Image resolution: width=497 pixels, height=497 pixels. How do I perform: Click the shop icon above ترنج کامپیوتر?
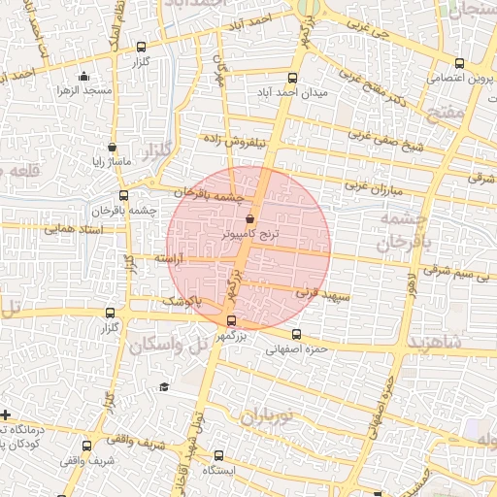250,219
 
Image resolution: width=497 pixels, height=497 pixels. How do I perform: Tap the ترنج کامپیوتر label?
249,235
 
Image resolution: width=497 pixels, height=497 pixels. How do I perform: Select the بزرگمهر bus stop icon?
230,321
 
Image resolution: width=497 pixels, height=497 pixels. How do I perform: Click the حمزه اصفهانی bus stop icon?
297,334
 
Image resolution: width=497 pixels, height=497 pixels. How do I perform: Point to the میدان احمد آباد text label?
303,94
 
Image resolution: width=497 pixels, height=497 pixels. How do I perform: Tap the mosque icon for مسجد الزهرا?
83,77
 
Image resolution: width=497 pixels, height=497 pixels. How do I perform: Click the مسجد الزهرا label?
83,90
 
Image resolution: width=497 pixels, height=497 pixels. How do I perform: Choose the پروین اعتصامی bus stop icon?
459,64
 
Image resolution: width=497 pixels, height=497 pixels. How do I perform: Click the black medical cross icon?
6,414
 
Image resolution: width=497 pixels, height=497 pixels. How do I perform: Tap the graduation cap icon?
164,387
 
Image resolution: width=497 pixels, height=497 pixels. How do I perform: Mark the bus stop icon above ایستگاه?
218,454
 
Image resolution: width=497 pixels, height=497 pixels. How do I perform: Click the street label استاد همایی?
70,229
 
